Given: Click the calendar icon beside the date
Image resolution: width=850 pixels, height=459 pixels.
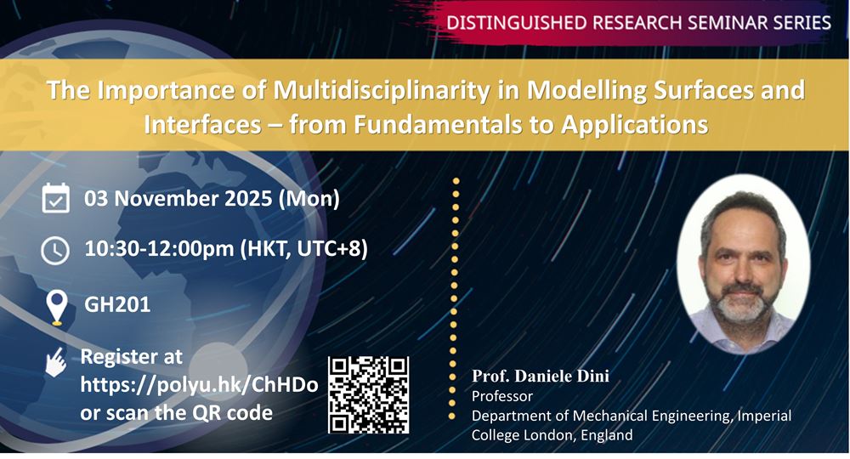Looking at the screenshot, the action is [x=55, y=198].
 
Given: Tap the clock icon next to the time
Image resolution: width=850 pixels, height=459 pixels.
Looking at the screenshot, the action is [x=55, y=251].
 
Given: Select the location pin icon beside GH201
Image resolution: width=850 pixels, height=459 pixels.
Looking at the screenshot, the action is [x=57, y=307].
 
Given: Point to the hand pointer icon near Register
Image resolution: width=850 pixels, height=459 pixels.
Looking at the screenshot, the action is [x=56, y=362].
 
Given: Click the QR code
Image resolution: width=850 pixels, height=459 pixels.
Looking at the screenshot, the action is [x=369, y=395].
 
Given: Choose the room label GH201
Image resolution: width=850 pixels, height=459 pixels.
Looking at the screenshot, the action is [x=117, y=304].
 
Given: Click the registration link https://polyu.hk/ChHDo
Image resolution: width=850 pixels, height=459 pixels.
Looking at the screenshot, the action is [x=199, y=385].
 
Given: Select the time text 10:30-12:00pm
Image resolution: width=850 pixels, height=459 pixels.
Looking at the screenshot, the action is [x=160, y=249].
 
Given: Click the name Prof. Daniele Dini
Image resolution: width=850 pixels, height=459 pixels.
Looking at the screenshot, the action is [x=541, y=376].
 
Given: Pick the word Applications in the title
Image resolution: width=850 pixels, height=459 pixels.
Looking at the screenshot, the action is [x=635, y=124].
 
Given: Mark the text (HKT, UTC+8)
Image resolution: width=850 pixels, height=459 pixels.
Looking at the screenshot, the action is [x=304, y=249].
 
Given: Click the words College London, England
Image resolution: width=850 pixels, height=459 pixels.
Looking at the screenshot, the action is [x=552, y=435].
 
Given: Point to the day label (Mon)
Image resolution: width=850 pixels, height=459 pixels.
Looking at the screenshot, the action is [x=309, y=198].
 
